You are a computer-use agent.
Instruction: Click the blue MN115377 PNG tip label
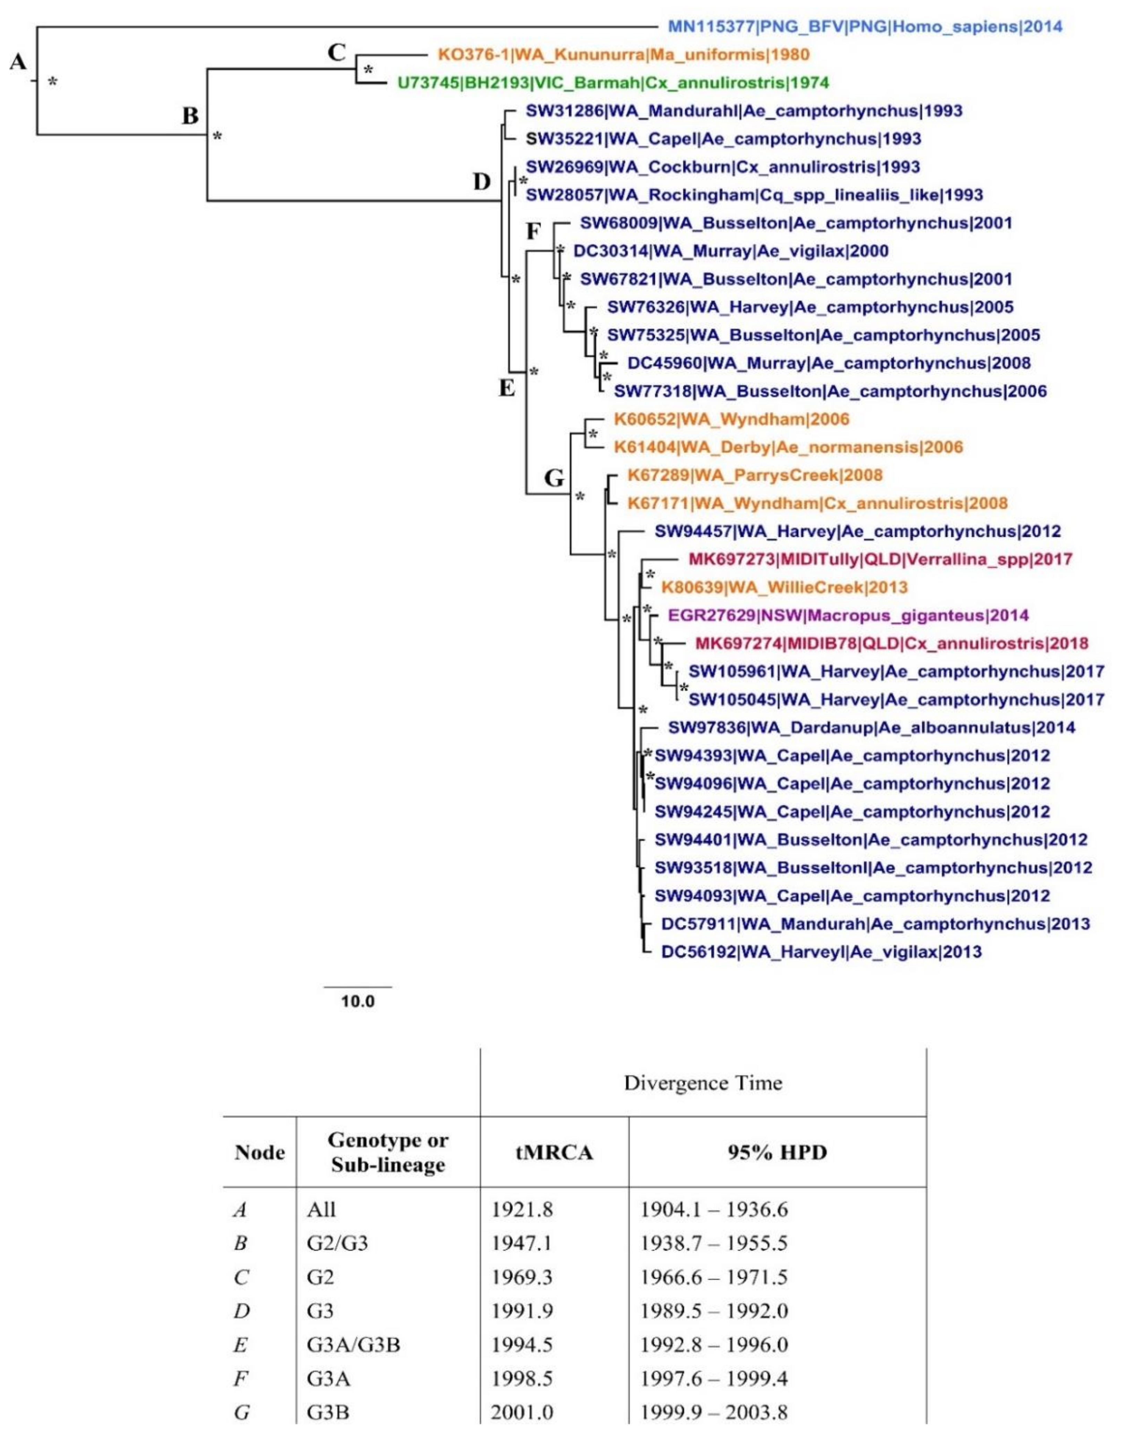[x=865, y=27]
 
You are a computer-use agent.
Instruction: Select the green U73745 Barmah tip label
[x=612, y=83]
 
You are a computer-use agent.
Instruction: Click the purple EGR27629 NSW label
[x=848, y=615]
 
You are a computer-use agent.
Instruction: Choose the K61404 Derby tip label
[x=788, y=447]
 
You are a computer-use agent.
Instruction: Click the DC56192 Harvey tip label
[x=821, y=952]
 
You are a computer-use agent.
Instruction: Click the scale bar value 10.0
[x=358, y=1002]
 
